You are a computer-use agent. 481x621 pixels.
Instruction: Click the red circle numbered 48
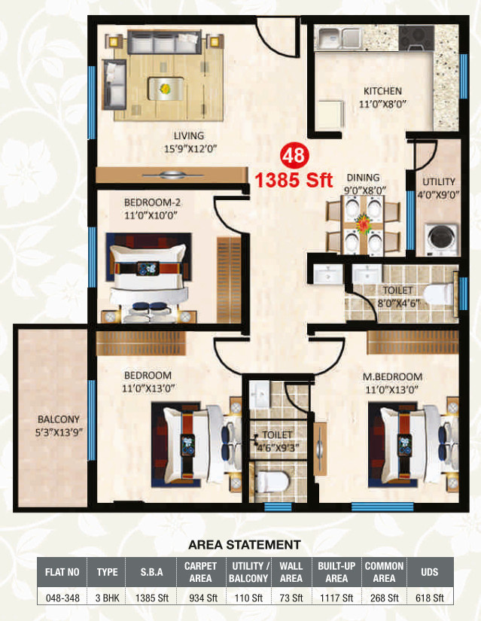pos(294,156)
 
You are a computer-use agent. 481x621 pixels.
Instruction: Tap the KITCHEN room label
pos(382,91)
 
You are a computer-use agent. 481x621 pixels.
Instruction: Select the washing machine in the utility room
pos(441,239)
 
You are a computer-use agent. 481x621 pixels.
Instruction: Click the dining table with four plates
pos(363,226)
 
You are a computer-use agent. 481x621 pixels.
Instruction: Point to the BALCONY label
pos(58,419)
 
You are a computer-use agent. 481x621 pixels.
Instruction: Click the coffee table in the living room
pos(166,88)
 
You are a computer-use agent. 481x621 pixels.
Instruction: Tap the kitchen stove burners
pos(416,38)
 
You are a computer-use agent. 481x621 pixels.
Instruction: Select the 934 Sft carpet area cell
pos(202,598)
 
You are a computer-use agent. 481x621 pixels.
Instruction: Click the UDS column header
pos(430,572)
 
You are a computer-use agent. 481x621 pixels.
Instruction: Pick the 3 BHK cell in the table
pos(107,598)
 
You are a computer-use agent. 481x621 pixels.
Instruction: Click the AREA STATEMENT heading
pos(245,545)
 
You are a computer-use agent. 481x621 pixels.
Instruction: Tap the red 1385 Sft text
pos(294,180)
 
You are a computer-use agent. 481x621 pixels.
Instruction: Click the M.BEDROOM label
pos(392,376)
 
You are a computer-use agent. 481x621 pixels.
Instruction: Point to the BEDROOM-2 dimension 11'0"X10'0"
pos(150,215)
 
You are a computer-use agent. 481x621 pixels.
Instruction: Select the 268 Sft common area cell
pos(384,598)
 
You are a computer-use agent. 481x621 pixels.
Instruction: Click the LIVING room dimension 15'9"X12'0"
pos(190,149)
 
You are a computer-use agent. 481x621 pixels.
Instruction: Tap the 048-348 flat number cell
pos(62,598)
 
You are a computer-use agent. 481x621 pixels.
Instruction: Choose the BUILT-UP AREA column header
pos(336,572)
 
